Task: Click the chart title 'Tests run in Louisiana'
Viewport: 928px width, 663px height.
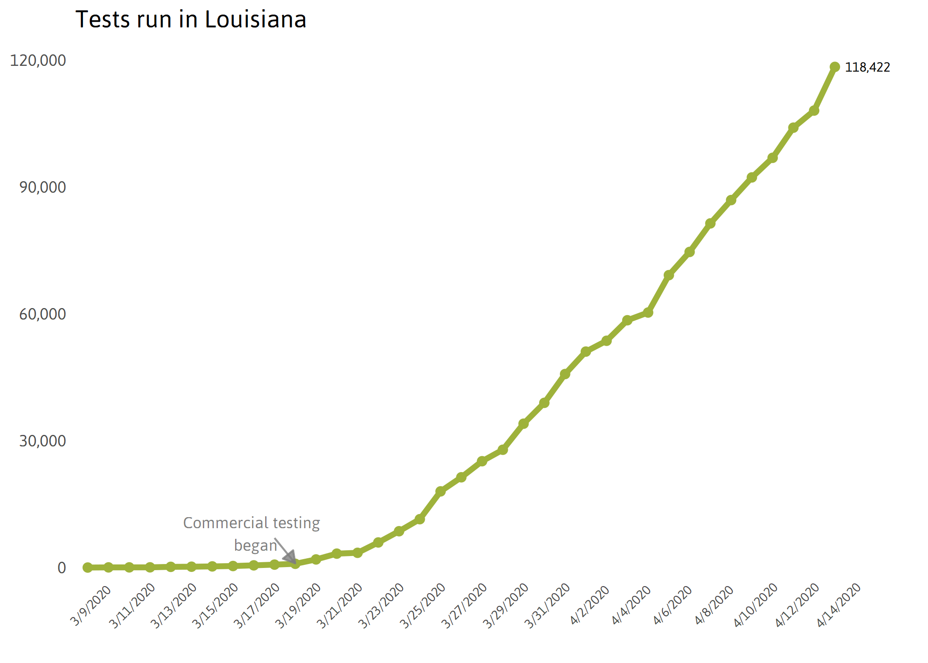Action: pos(191,20)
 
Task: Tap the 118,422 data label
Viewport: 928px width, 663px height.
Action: pos(867,67)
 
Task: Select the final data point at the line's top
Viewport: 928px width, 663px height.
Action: pos(834,67)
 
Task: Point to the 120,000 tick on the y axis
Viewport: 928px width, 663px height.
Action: pos(38,60)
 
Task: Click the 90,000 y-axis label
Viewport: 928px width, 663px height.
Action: pos(42,187)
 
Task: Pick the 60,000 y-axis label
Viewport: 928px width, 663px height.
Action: pos(42,314)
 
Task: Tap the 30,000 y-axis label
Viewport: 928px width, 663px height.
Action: pos(42,441)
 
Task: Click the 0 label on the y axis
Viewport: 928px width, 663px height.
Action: pos(62,568)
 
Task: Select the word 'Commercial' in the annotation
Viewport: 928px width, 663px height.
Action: pos(225,523)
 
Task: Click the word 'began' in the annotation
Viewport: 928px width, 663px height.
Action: pos(255,545)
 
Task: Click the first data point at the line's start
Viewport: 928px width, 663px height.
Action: pos(87,567)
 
